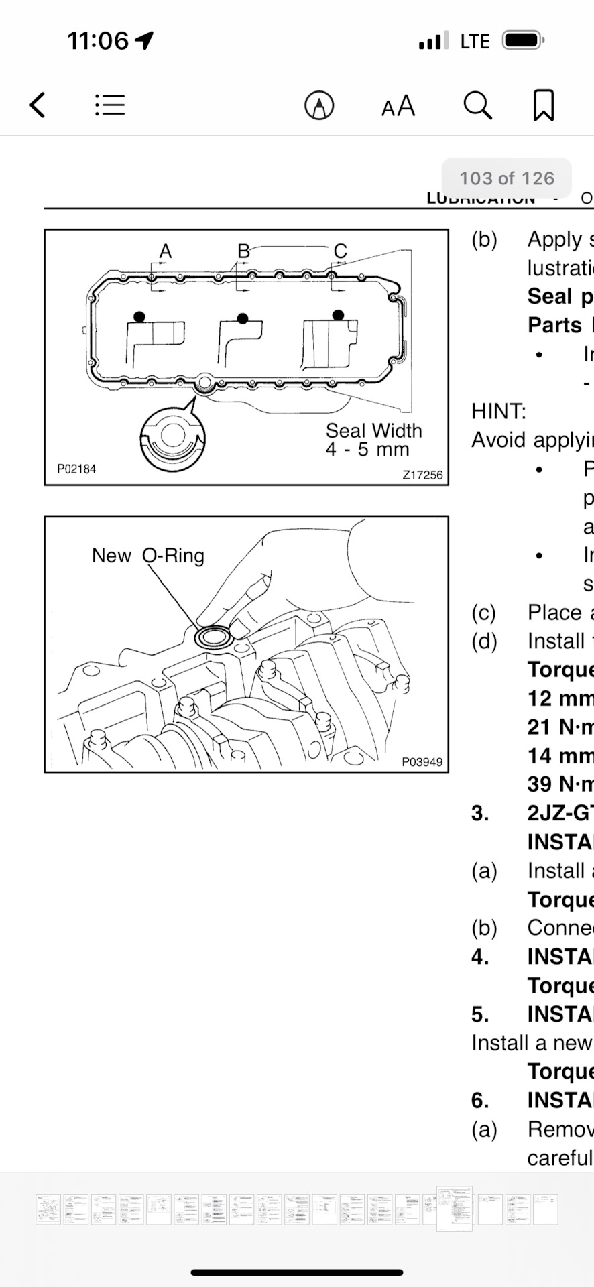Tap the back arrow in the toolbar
(x=38, y=105)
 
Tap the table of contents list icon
(x=110, y=105)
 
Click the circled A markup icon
(x=319, y=105)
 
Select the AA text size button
(x=398, y=106)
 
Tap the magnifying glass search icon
(x=477, y=105)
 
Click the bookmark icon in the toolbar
(x=543, y=105)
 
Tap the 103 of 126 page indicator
(x=506, y=178)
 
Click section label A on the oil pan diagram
(x=166, y=251)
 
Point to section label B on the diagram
(x=243, y=251)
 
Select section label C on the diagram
(x=340, y=251)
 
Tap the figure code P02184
(x=76, y=469)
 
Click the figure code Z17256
(x=422, y=475)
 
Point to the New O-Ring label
(x=147, y=556)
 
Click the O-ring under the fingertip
(x=213, y=637)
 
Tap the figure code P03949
(x=422, y=761)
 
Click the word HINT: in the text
(x=499, y=411)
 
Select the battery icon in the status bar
(x=523, y=41)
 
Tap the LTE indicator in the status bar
(x=475, y=42)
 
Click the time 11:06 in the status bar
(x=98, y=41)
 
